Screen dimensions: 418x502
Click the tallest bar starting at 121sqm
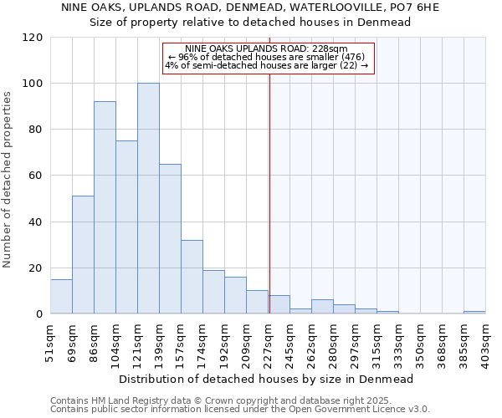(x=148, y=199)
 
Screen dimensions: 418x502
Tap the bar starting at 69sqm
(x=83, y=255)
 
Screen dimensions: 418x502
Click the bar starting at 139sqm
(x=170, y=239)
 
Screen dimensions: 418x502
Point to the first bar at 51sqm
(x=61, y=297)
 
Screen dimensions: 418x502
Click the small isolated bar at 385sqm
(x=474, y=312)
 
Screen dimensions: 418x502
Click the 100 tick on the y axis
(x=33, y=84)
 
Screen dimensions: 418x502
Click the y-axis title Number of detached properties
(x=8, y=180)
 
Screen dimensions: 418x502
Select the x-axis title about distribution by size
(x=266, y=379)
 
